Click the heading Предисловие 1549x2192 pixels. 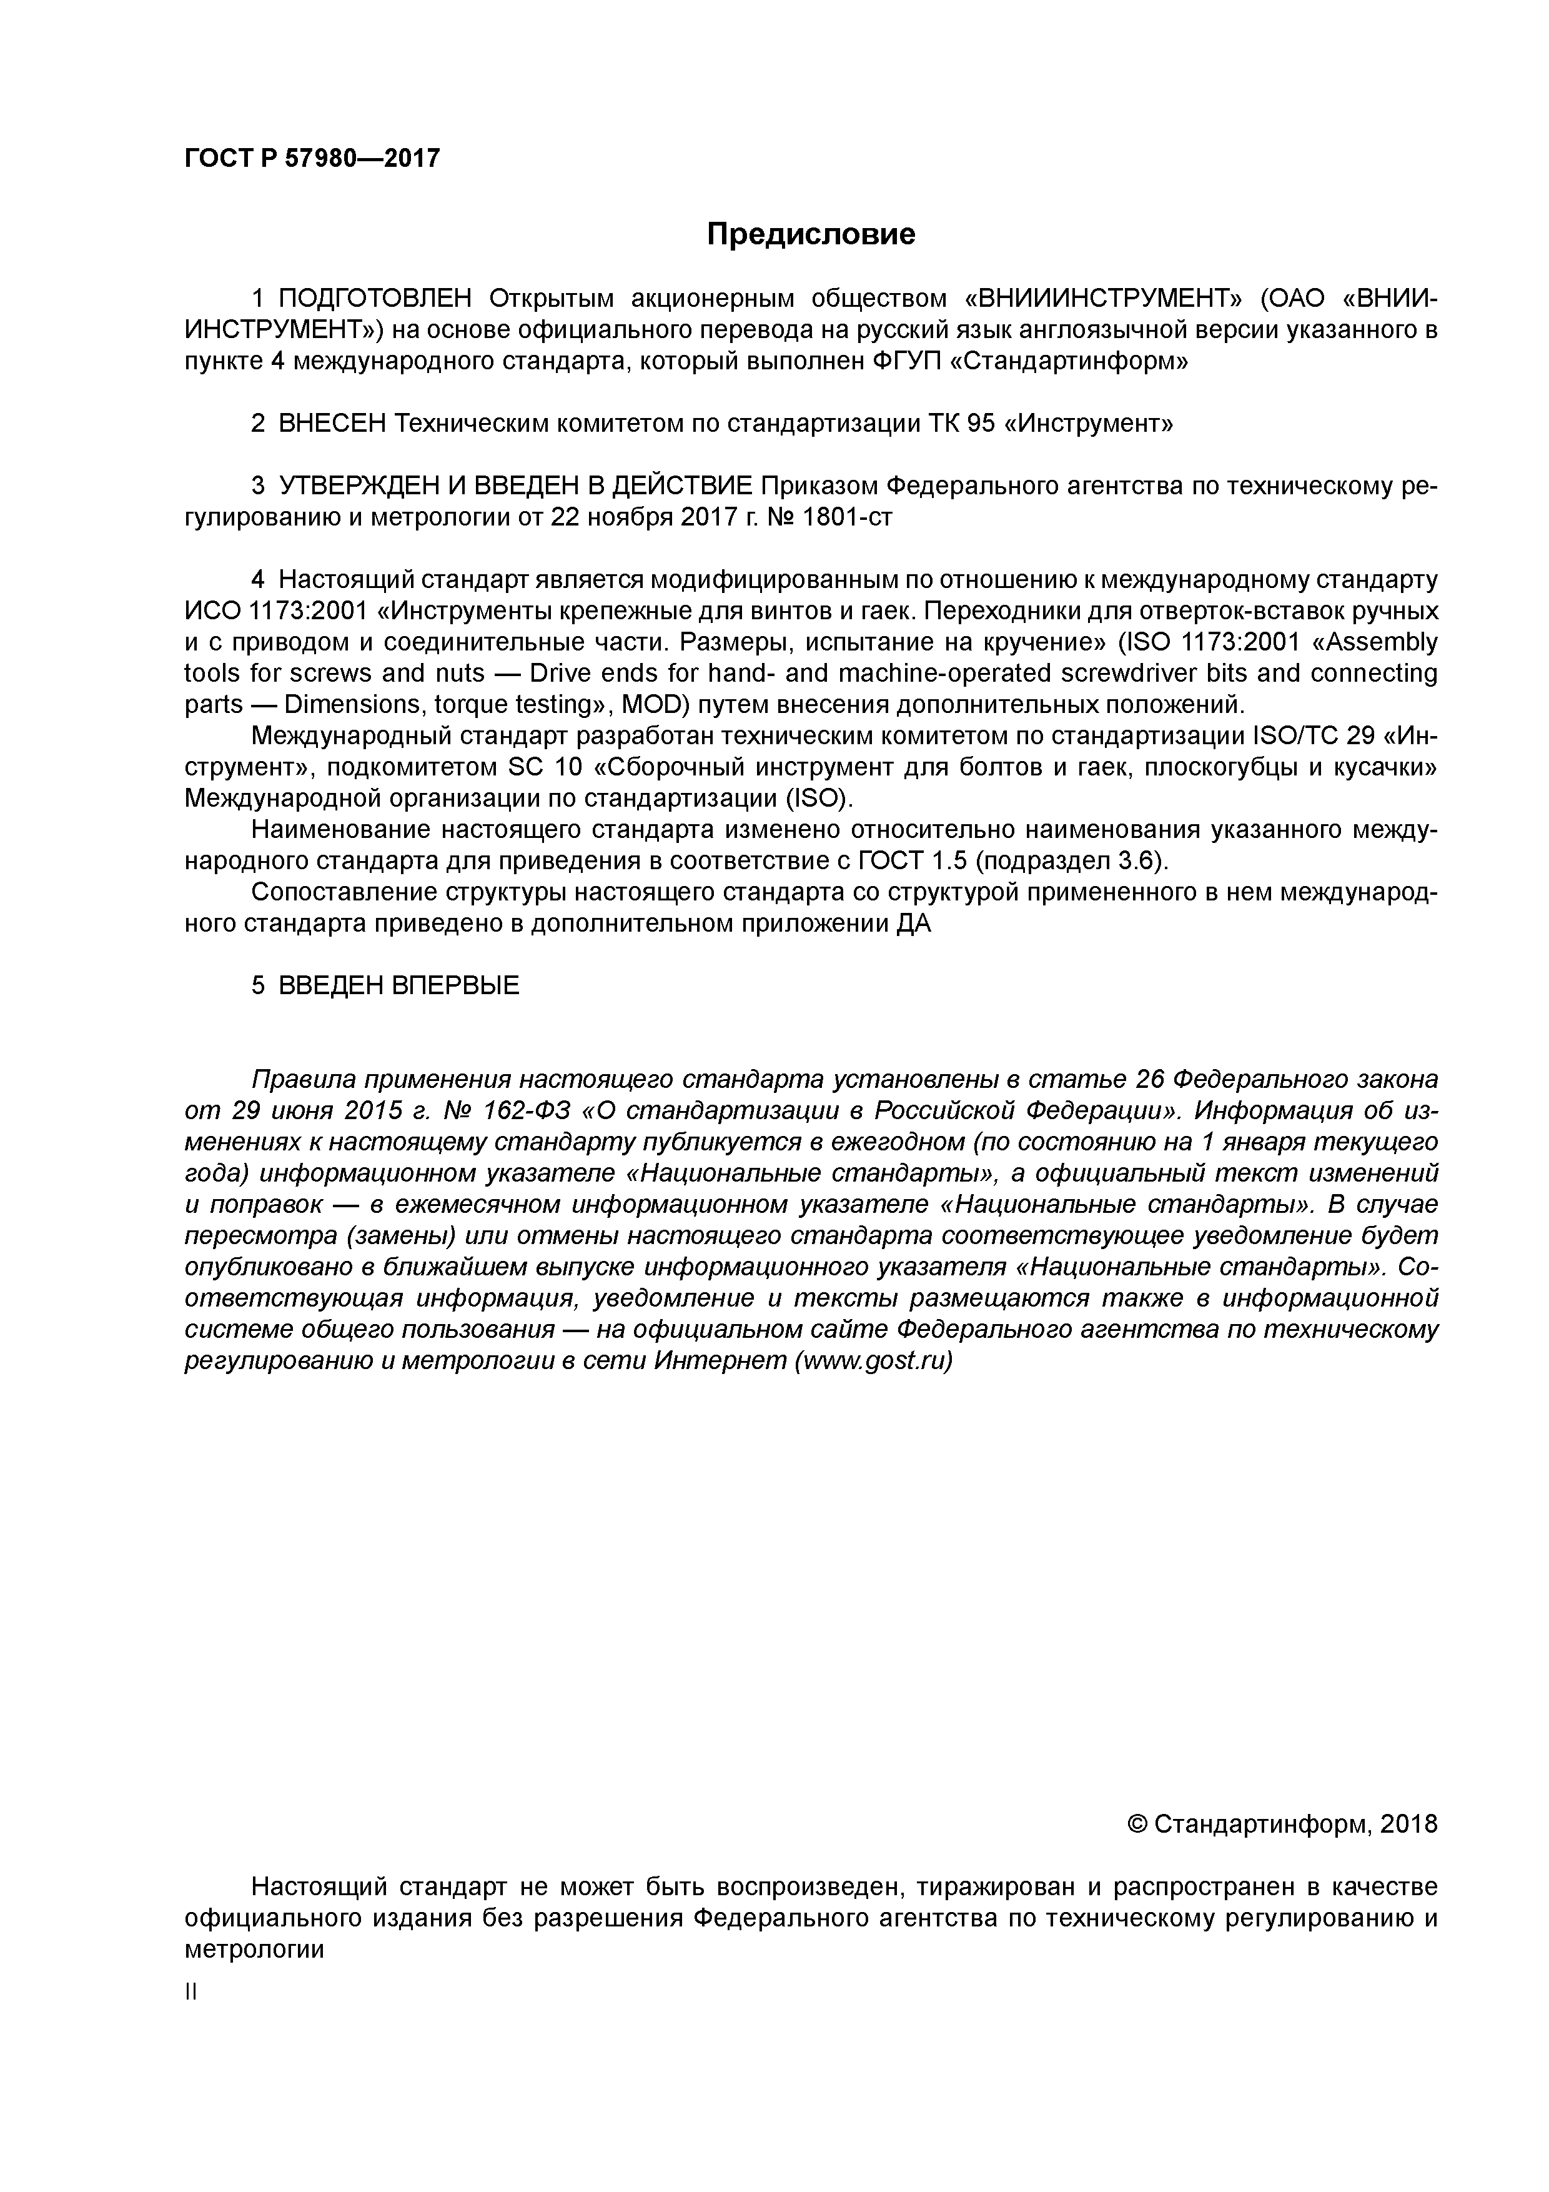coord(810,234)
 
